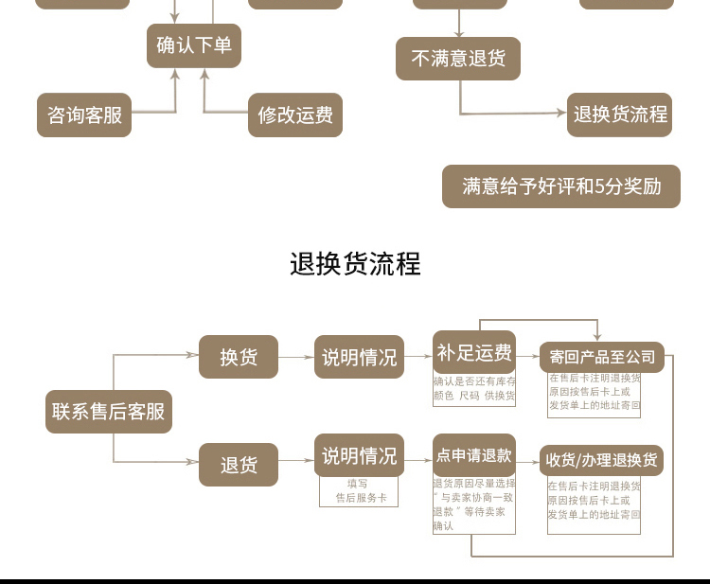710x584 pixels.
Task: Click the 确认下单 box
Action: click(193, 45)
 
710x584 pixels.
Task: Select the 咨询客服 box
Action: click(84, 115)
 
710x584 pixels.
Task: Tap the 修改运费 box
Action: click(295, 115)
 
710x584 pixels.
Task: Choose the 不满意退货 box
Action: click(458, 59)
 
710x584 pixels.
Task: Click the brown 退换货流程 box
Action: click(620, 115)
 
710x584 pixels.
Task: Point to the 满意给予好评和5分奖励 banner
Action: click(561, 186)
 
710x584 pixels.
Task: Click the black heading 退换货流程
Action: click(355, 263)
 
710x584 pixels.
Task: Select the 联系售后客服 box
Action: click(109, 412)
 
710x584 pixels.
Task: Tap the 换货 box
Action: click(239, 357)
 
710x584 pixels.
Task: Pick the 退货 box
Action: click(239, 465)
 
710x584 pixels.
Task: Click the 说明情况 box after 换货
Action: click(359, 357)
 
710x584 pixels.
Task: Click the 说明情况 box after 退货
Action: click(359, 456)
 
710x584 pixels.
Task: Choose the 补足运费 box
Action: click(474, 353)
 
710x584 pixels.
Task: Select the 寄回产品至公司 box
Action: click(602, 357)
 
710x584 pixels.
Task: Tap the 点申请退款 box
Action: click(474, 455)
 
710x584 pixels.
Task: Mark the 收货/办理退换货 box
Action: click(602, 461)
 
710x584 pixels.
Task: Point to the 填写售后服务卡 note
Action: click(359, 490)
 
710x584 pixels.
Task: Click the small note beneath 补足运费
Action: click(474, 389)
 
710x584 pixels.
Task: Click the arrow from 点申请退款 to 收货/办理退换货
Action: click(527, 461)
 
